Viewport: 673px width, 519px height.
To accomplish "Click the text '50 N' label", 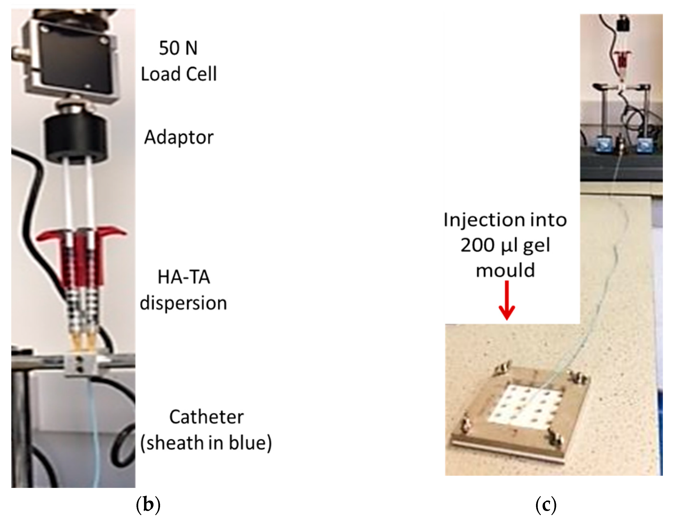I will pyautogui.click(x=178, y=48).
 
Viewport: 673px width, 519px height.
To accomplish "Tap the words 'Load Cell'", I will pyautogui.click(x=179, y=74).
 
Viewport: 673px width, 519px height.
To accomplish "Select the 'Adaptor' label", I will pyautogui.click(x=179, y=137).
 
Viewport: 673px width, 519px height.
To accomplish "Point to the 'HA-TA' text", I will pyautogui.click(x=184, y=277).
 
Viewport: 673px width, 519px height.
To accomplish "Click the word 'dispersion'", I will pyautogui.click(x=183, y=303).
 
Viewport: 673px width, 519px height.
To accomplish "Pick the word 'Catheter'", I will pyautogui.click(x=206, y=417).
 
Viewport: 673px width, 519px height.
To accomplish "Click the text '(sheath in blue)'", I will pyautogui.click(x=206, y=443).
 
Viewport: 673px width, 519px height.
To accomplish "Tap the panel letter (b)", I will pyautogui.click(x=148, y=504).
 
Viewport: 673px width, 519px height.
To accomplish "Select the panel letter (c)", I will pyautogui.click(x=546, y=504).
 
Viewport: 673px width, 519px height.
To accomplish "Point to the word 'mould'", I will pyautogui.click(x=505, y=271).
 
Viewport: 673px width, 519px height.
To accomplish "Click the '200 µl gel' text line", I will pyautogui.click(x=505, y=246).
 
